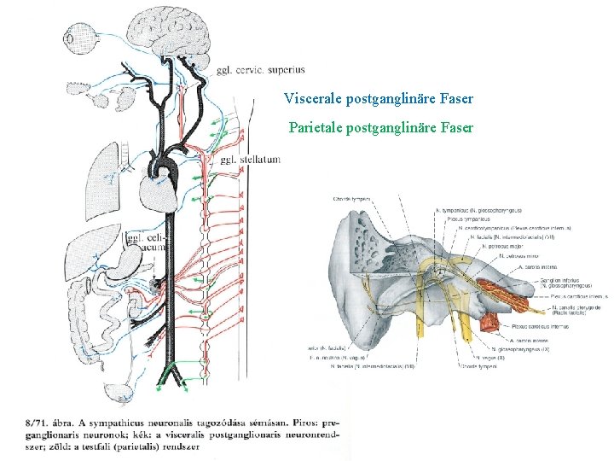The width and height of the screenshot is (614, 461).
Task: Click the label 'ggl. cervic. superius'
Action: tap(260, 70)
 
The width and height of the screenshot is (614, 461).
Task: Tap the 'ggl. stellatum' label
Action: tap(249, 160)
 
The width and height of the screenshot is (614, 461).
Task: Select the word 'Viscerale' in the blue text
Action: tap(313, 99)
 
